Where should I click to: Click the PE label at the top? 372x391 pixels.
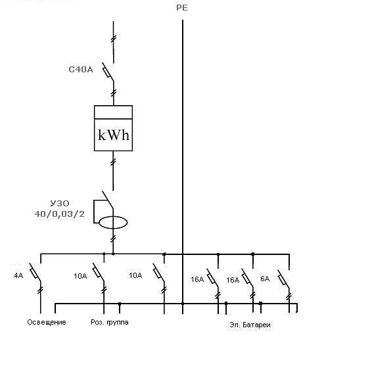click(x=182, y=8)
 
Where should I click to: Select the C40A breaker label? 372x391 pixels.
click(x=81, y=69)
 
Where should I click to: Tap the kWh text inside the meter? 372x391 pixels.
click(x=114, y=135)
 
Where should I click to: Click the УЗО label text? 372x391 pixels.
click(x=60, y=203)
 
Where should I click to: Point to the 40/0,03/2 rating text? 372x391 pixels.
click(x=60, y=214)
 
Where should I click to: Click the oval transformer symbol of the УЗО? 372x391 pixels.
click(x=113, y=222)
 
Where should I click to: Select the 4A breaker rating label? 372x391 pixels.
click(x=18, y=275)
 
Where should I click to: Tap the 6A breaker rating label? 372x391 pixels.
click(x=265, y=279)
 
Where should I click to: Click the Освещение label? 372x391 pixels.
click(x=47, y=322)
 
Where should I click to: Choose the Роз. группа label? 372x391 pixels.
click(x=110, y=322)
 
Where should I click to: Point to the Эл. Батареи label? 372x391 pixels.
click(x=250, y=325)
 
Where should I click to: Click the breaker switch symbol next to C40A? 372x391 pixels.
click(x=108, y=72)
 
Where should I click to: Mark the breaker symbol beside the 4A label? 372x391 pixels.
click(x=35, y=272)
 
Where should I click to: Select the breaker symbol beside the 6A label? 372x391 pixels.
click(x=283, y=279)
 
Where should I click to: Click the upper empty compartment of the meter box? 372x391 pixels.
click(x=114, y=112)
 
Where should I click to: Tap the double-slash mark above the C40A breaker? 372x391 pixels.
click(x=114, y=39)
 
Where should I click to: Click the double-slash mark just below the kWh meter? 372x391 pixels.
click(x=113, y=162)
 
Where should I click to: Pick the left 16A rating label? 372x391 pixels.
click(x=197, y=279)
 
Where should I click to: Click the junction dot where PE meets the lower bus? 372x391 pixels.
click(x=183, y=304)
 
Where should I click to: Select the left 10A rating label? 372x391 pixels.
click(x=80, y=276)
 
